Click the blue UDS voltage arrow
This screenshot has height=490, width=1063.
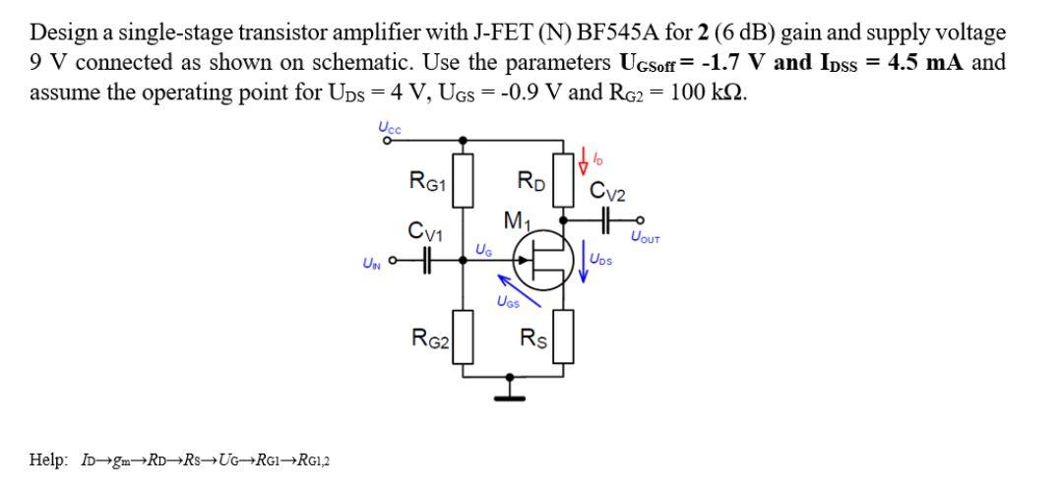click(x=584, y=260)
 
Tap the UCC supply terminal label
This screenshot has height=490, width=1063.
click(x=389, y=127)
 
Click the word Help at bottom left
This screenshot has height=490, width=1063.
click(x=48, y=461)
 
